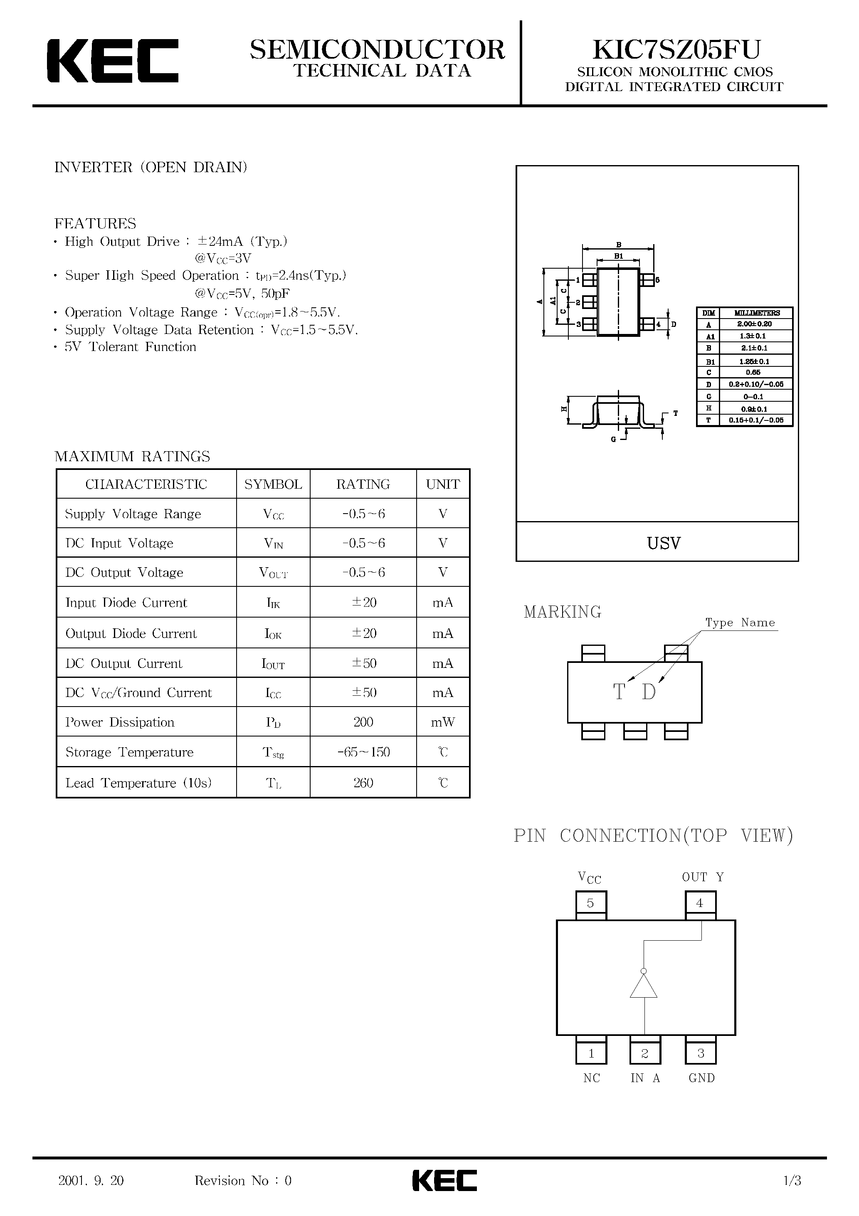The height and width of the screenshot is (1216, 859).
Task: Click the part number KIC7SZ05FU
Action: (676, 50)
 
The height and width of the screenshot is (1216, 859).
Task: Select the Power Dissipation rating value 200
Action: (363, 722)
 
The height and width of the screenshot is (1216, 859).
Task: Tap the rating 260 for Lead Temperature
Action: (363, 783)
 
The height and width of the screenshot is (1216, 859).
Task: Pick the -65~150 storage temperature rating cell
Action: (363, 752)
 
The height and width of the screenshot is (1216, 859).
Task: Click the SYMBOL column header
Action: (273, 484)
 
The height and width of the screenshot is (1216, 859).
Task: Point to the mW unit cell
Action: (443, 722)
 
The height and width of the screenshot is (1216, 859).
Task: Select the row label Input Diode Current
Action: (126, 603)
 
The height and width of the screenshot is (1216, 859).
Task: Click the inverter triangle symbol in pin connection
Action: (644, 987)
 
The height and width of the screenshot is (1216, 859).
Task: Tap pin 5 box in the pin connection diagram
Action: (590, 903)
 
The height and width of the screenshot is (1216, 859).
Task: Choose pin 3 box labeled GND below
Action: (700, 1053)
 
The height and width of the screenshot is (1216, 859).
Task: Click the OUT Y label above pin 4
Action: (703, 877)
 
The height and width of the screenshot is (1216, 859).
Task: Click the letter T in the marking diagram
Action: (619, 692)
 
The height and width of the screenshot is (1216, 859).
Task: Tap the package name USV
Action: (664, 543)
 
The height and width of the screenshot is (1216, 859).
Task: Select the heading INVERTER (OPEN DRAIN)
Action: (151, 167)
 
